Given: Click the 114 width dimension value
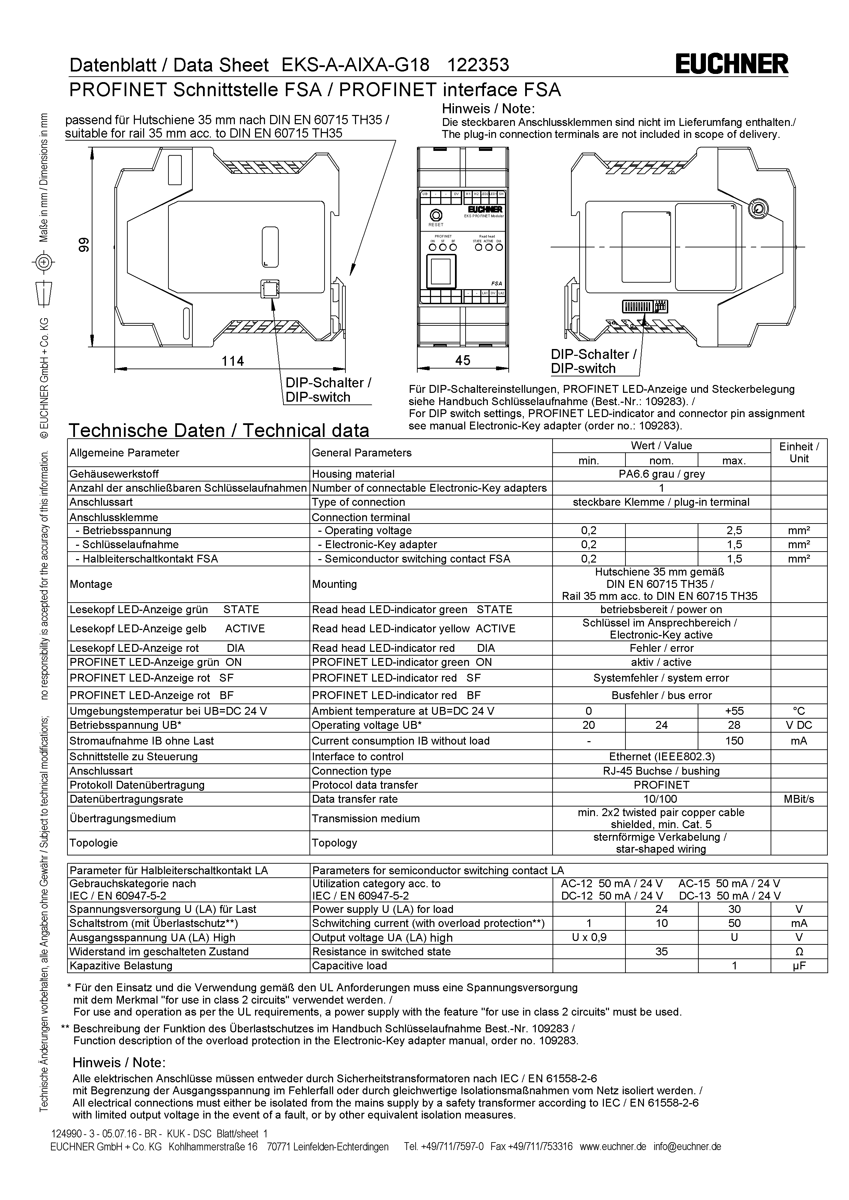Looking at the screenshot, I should tap(233, 361).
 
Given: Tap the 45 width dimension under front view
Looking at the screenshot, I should tap(462, 360).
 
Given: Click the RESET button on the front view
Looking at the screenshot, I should tap(435, 215).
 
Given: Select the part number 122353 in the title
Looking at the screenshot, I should tap(478, 65).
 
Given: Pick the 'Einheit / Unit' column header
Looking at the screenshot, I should tap(798, 453).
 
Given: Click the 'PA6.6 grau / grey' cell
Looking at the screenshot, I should tap(661, 474).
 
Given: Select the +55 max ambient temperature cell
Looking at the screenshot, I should tap(734, 711).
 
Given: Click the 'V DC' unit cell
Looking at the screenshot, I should tap(798, 725).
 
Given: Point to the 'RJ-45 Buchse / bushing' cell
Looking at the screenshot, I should tap(661, 771).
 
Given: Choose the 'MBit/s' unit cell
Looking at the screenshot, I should tap(798, 799).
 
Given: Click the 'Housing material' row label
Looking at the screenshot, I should tap(353, 474).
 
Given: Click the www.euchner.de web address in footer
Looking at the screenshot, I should tap(613, 1147).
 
